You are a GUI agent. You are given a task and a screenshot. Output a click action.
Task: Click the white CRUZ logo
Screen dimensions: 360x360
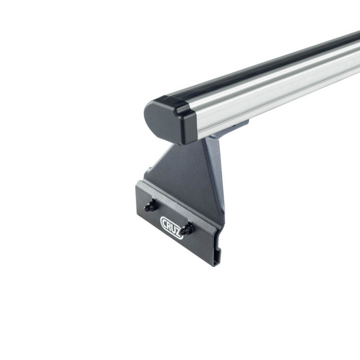[172, 228]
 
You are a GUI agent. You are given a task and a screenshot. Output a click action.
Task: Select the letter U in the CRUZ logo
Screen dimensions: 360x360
[174, 230]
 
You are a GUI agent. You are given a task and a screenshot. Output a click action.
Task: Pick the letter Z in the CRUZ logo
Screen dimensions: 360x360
[178, 233]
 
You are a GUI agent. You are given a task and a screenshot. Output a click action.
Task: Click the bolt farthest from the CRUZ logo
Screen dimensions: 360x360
[150, 206]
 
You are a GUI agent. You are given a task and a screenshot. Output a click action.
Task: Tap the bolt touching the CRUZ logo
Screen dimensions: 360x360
[186, 229]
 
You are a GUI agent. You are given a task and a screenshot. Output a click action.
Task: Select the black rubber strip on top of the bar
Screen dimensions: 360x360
[264, 66]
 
